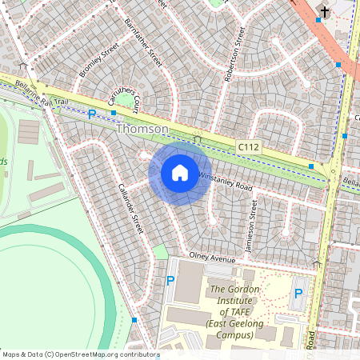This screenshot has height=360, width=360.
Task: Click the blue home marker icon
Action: coord(180,173)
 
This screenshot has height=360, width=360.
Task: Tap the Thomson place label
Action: coord(142,129)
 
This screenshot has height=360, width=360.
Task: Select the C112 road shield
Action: coord(249,146)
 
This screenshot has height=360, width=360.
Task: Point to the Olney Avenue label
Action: coord(213,259)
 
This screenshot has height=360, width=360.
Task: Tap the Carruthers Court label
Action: coord(126,98)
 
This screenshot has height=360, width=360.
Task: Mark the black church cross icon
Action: coord(323,11)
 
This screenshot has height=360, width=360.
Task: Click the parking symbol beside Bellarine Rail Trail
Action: coord(91,115)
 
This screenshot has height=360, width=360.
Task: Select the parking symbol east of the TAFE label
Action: coord(298,294)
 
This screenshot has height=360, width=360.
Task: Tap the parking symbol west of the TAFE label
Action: coord(170,281)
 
